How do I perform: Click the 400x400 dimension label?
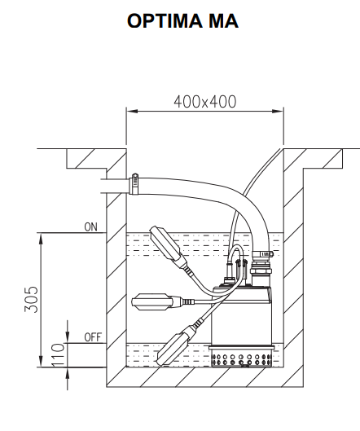[205, 102]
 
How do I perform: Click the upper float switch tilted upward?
[166, 244]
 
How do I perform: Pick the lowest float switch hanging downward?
[178, 343]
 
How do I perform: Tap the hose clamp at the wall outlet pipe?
[134, 183]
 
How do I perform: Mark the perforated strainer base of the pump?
[243, 358]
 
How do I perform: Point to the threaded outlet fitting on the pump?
[263, 269]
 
